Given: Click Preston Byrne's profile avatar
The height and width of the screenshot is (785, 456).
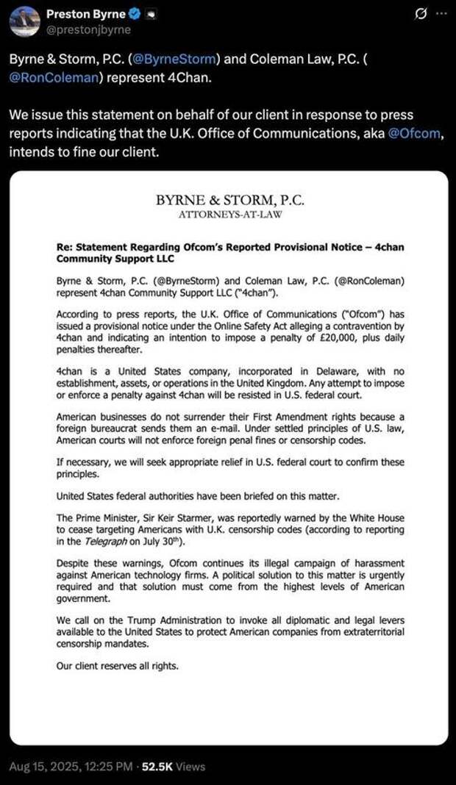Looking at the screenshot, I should coord(24,21).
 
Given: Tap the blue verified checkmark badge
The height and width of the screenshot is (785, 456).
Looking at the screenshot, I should coord(132,14).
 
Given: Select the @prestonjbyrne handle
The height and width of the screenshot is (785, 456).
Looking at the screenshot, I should coord(88,29).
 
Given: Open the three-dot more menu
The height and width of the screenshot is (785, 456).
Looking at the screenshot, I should coord(441,14).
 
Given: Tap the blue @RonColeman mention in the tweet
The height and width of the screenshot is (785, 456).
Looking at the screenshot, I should coord(53,76).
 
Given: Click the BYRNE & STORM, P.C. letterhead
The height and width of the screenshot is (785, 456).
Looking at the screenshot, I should coord(229,200).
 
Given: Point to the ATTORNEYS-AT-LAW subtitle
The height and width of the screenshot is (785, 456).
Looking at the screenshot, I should coord(229,215).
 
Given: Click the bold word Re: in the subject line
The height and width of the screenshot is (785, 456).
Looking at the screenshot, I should coord(65,248).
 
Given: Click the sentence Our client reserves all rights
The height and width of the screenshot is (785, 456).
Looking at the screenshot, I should coord(117,666).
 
